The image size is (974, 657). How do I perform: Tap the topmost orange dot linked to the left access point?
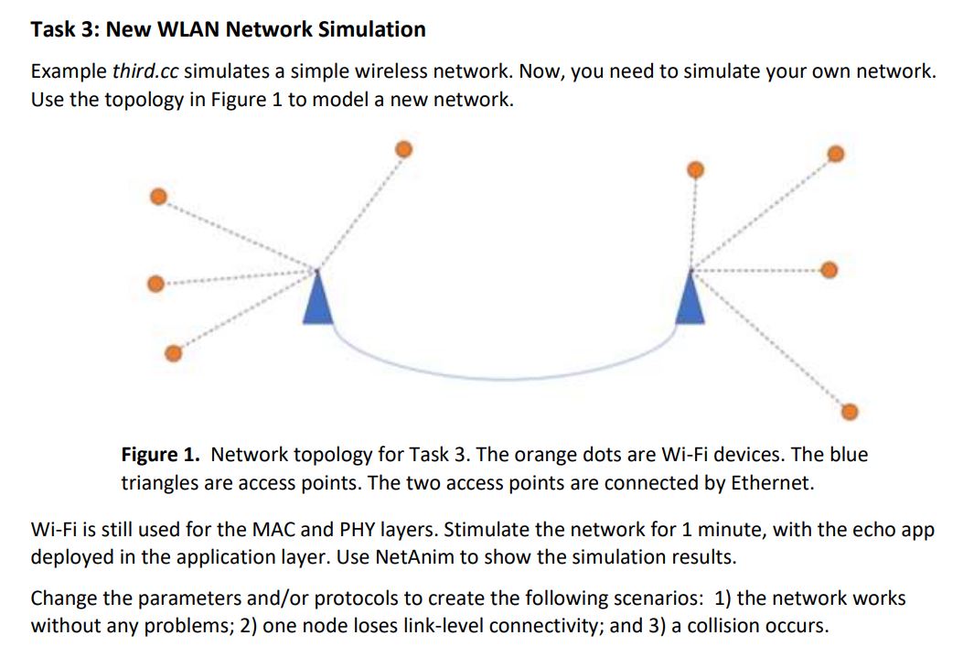[402, 149]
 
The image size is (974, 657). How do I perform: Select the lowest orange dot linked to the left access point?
[172, 353]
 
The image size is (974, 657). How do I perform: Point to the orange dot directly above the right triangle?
[695, 169]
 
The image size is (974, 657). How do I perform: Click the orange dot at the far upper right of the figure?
[834, 155]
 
